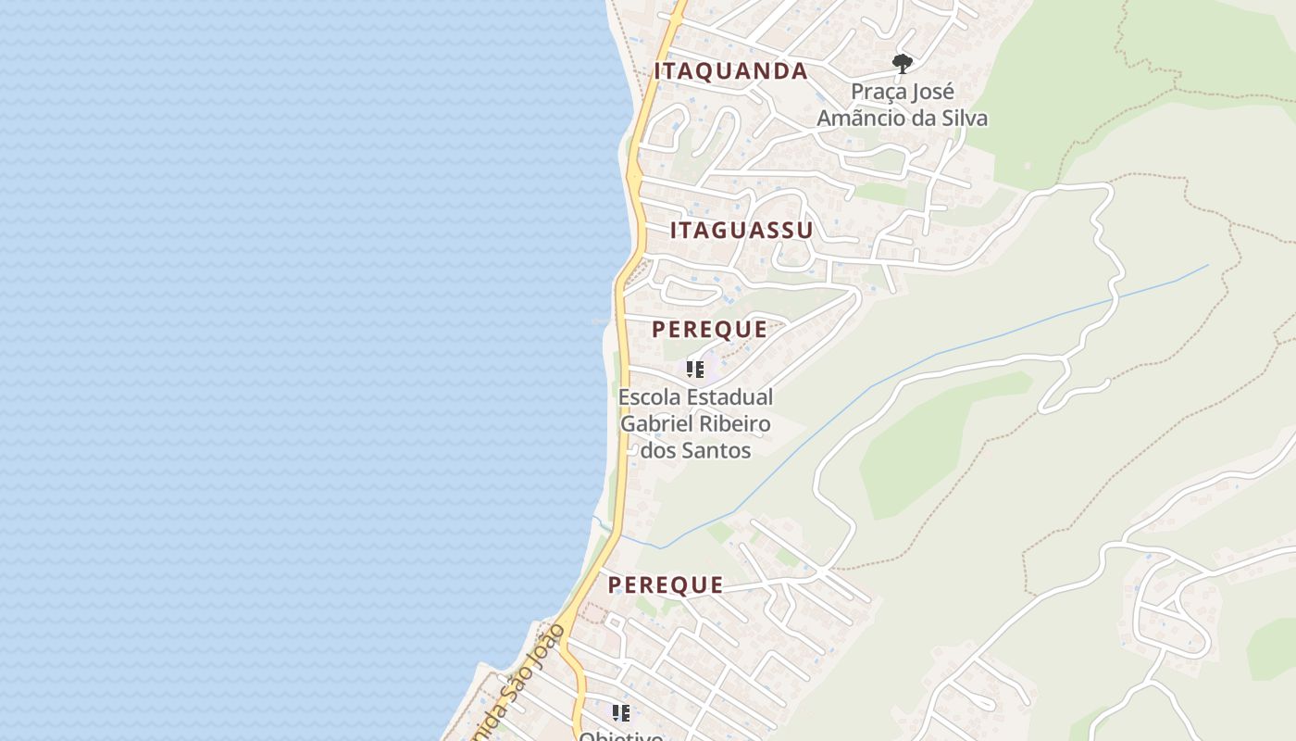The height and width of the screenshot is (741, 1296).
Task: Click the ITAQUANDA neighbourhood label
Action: coord(730,71)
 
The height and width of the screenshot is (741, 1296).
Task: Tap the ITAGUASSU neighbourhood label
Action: coord(741,231)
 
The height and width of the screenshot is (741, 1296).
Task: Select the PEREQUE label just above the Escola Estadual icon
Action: coord(709,329)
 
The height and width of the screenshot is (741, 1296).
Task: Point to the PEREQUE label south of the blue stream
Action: coord(665,584)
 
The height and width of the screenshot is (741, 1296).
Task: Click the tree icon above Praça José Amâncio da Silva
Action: coord(902,64)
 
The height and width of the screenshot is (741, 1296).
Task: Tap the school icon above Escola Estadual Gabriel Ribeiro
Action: coord(695,370)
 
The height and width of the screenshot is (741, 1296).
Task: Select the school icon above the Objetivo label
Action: coord(620,712)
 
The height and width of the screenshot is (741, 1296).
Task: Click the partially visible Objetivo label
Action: coord(620,735)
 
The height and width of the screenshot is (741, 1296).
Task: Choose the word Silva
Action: coord(963,119)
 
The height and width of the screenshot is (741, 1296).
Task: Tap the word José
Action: coord(935,93)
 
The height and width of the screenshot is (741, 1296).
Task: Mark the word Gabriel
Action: coord(654,424)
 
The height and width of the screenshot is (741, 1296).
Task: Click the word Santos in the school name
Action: coord(716,451)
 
